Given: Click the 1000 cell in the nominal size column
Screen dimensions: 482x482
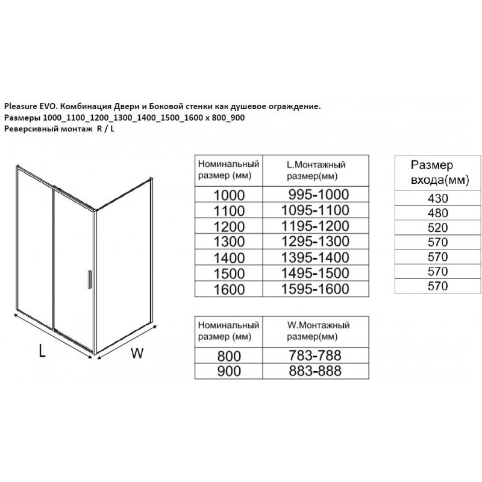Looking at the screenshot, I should coord(229,194).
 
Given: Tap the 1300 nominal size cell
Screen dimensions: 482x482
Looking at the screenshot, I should coord(229,242).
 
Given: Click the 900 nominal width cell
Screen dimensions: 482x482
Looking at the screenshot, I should coord(229,371).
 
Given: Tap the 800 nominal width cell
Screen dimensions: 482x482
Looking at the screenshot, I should coord(229,355).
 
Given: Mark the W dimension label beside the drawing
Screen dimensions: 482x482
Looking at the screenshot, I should coord(138,354).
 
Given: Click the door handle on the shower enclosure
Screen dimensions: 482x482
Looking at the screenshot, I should coord(89,280).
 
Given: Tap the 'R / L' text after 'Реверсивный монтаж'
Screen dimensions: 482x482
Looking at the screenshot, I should coord(105,128).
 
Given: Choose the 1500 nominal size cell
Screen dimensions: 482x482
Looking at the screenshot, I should coord(229,273).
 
